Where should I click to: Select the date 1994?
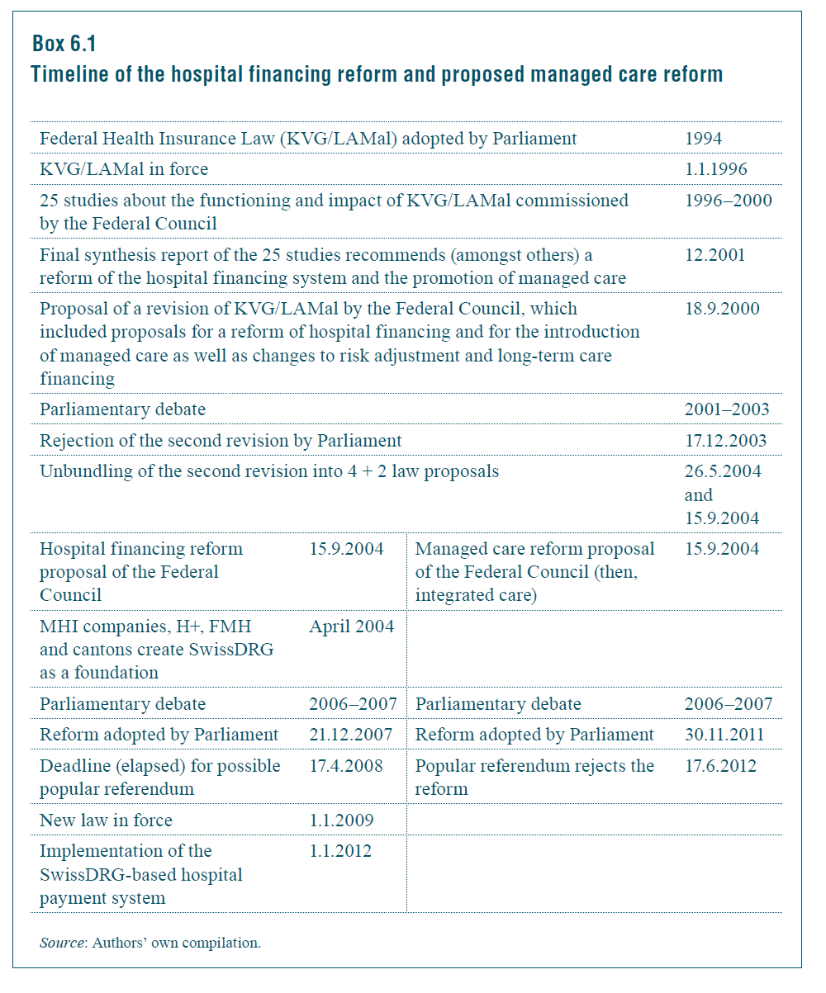point(704,139)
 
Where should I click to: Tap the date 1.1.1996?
point(715,169)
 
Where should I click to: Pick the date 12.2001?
point(714,255)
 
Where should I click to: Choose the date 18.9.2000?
point(722,309)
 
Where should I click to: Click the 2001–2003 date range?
point(727,409)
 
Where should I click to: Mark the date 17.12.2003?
point(725,441)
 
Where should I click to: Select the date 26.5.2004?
point(723,472)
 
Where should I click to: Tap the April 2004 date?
point(352,627)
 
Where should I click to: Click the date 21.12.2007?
point(351,735)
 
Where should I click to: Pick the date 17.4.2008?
point(346,766)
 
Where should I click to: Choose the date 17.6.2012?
point(720,766)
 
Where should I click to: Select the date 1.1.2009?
point(341,820)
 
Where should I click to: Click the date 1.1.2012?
point(340,851)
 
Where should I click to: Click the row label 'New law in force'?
point(106,820)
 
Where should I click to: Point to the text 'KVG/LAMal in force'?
point(124,169)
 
